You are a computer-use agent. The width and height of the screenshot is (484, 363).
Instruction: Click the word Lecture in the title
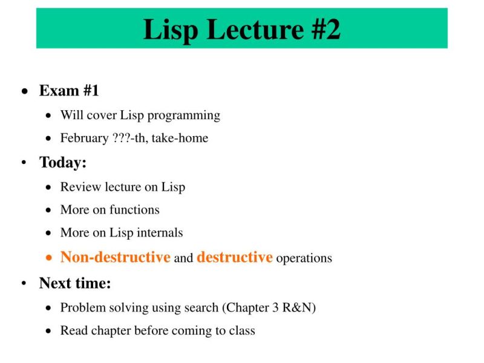[244, 29]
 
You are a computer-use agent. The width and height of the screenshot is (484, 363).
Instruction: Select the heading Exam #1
[69, 91]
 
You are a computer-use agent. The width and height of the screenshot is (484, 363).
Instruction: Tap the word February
[84, 138]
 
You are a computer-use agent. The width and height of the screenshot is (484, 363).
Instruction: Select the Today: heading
[63, 162]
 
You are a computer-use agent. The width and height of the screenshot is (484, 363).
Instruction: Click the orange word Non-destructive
[115, 257]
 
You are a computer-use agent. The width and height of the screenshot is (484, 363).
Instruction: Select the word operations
[304, 258]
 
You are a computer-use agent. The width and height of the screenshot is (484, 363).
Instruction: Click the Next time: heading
[75, 283]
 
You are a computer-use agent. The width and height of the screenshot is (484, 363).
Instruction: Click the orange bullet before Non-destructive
[50, 258]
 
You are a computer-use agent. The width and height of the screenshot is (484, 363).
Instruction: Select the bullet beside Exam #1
[24, 91]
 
